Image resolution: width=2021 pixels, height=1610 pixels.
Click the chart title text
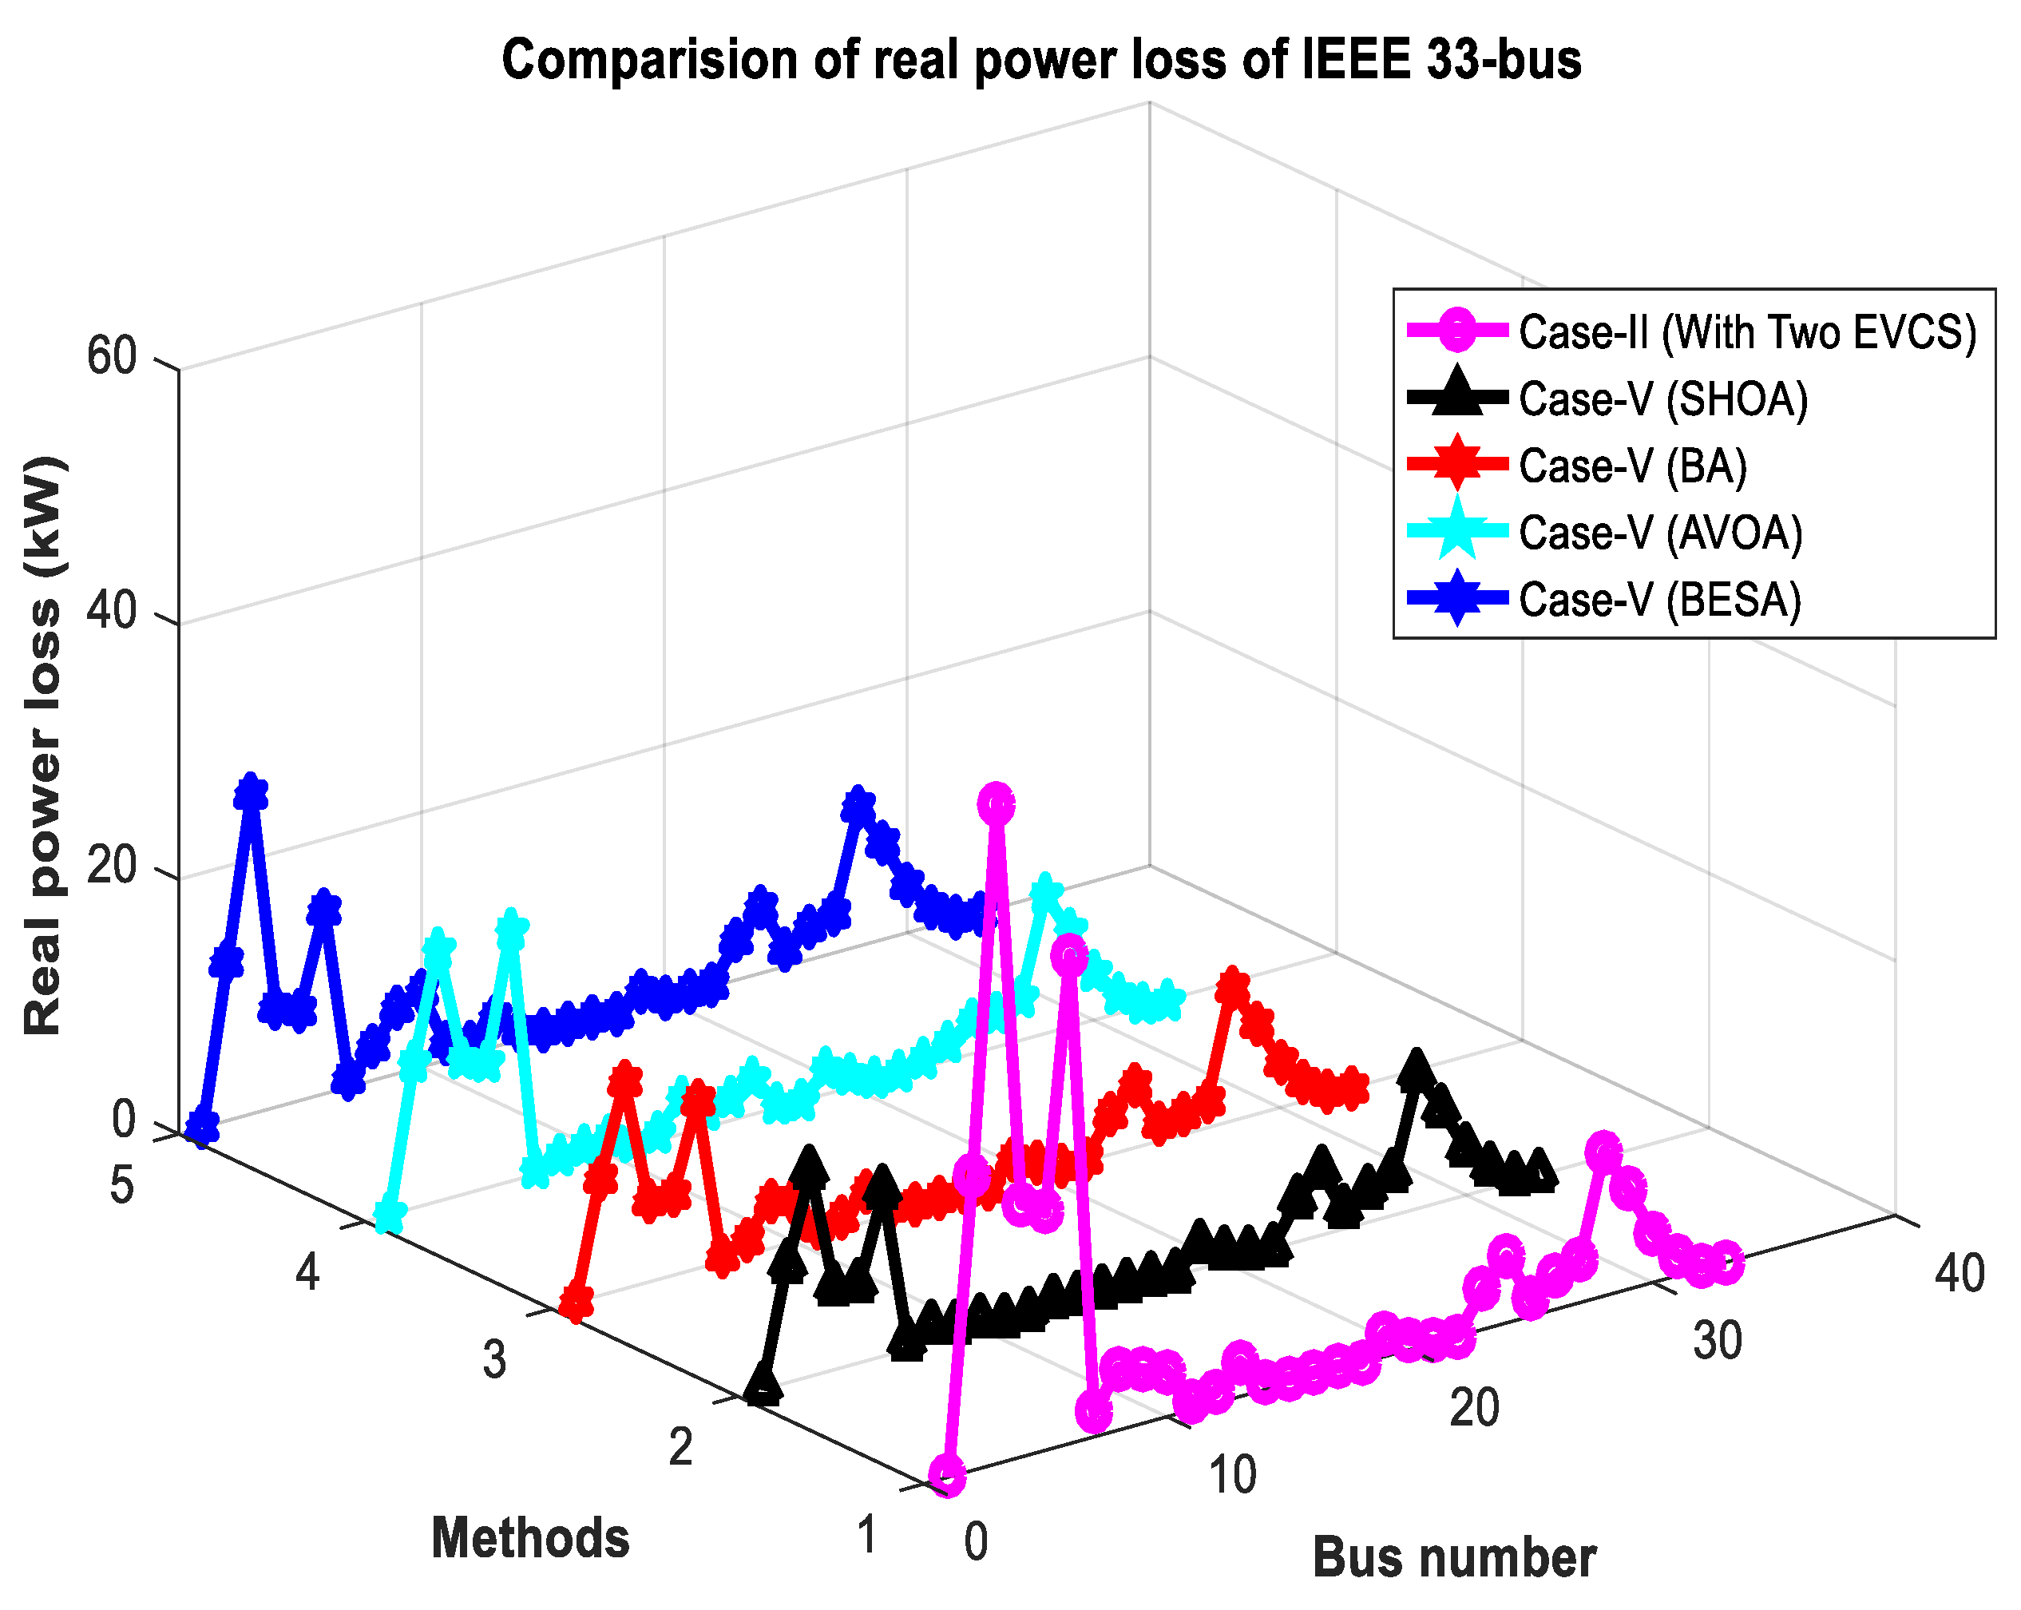point(1040,60)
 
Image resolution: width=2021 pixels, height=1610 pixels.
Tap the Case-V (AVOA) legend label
point(1660,533)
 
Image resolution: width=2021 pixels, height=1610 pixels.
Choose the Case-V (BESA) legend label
point(1659,600)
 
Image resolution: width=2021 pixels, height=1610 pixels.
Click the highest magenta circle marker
point(997,803)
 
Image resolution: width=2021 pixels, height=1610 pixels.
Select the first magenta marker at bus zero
point(948,1475)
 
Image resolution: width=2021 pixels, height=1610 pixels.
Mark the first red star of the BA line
point(577,1302)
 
